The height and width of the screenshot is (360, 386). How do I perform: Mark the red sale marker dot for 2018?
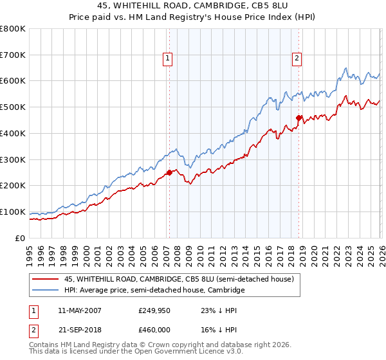(x=299, y=118)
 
